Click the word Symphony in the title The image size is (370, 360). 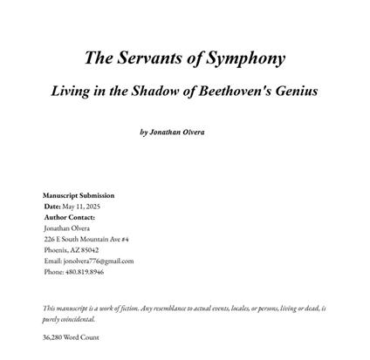click(244, 58)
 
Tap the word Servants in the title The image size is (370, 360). click(148, 58)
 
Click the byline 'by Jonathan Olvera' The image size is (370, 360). click(172, 132)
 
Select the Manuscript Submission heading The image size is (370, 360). click(79, 195)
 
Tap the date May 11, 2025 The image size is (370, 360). click(82, 206)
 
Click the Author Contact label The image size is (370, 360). click(70, 216)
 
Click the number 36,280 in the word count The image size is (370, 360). click(53, 336)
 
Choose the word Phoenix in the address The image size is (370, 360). click(56, 249)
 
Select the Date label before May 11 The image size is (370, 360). click(52, 206)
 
